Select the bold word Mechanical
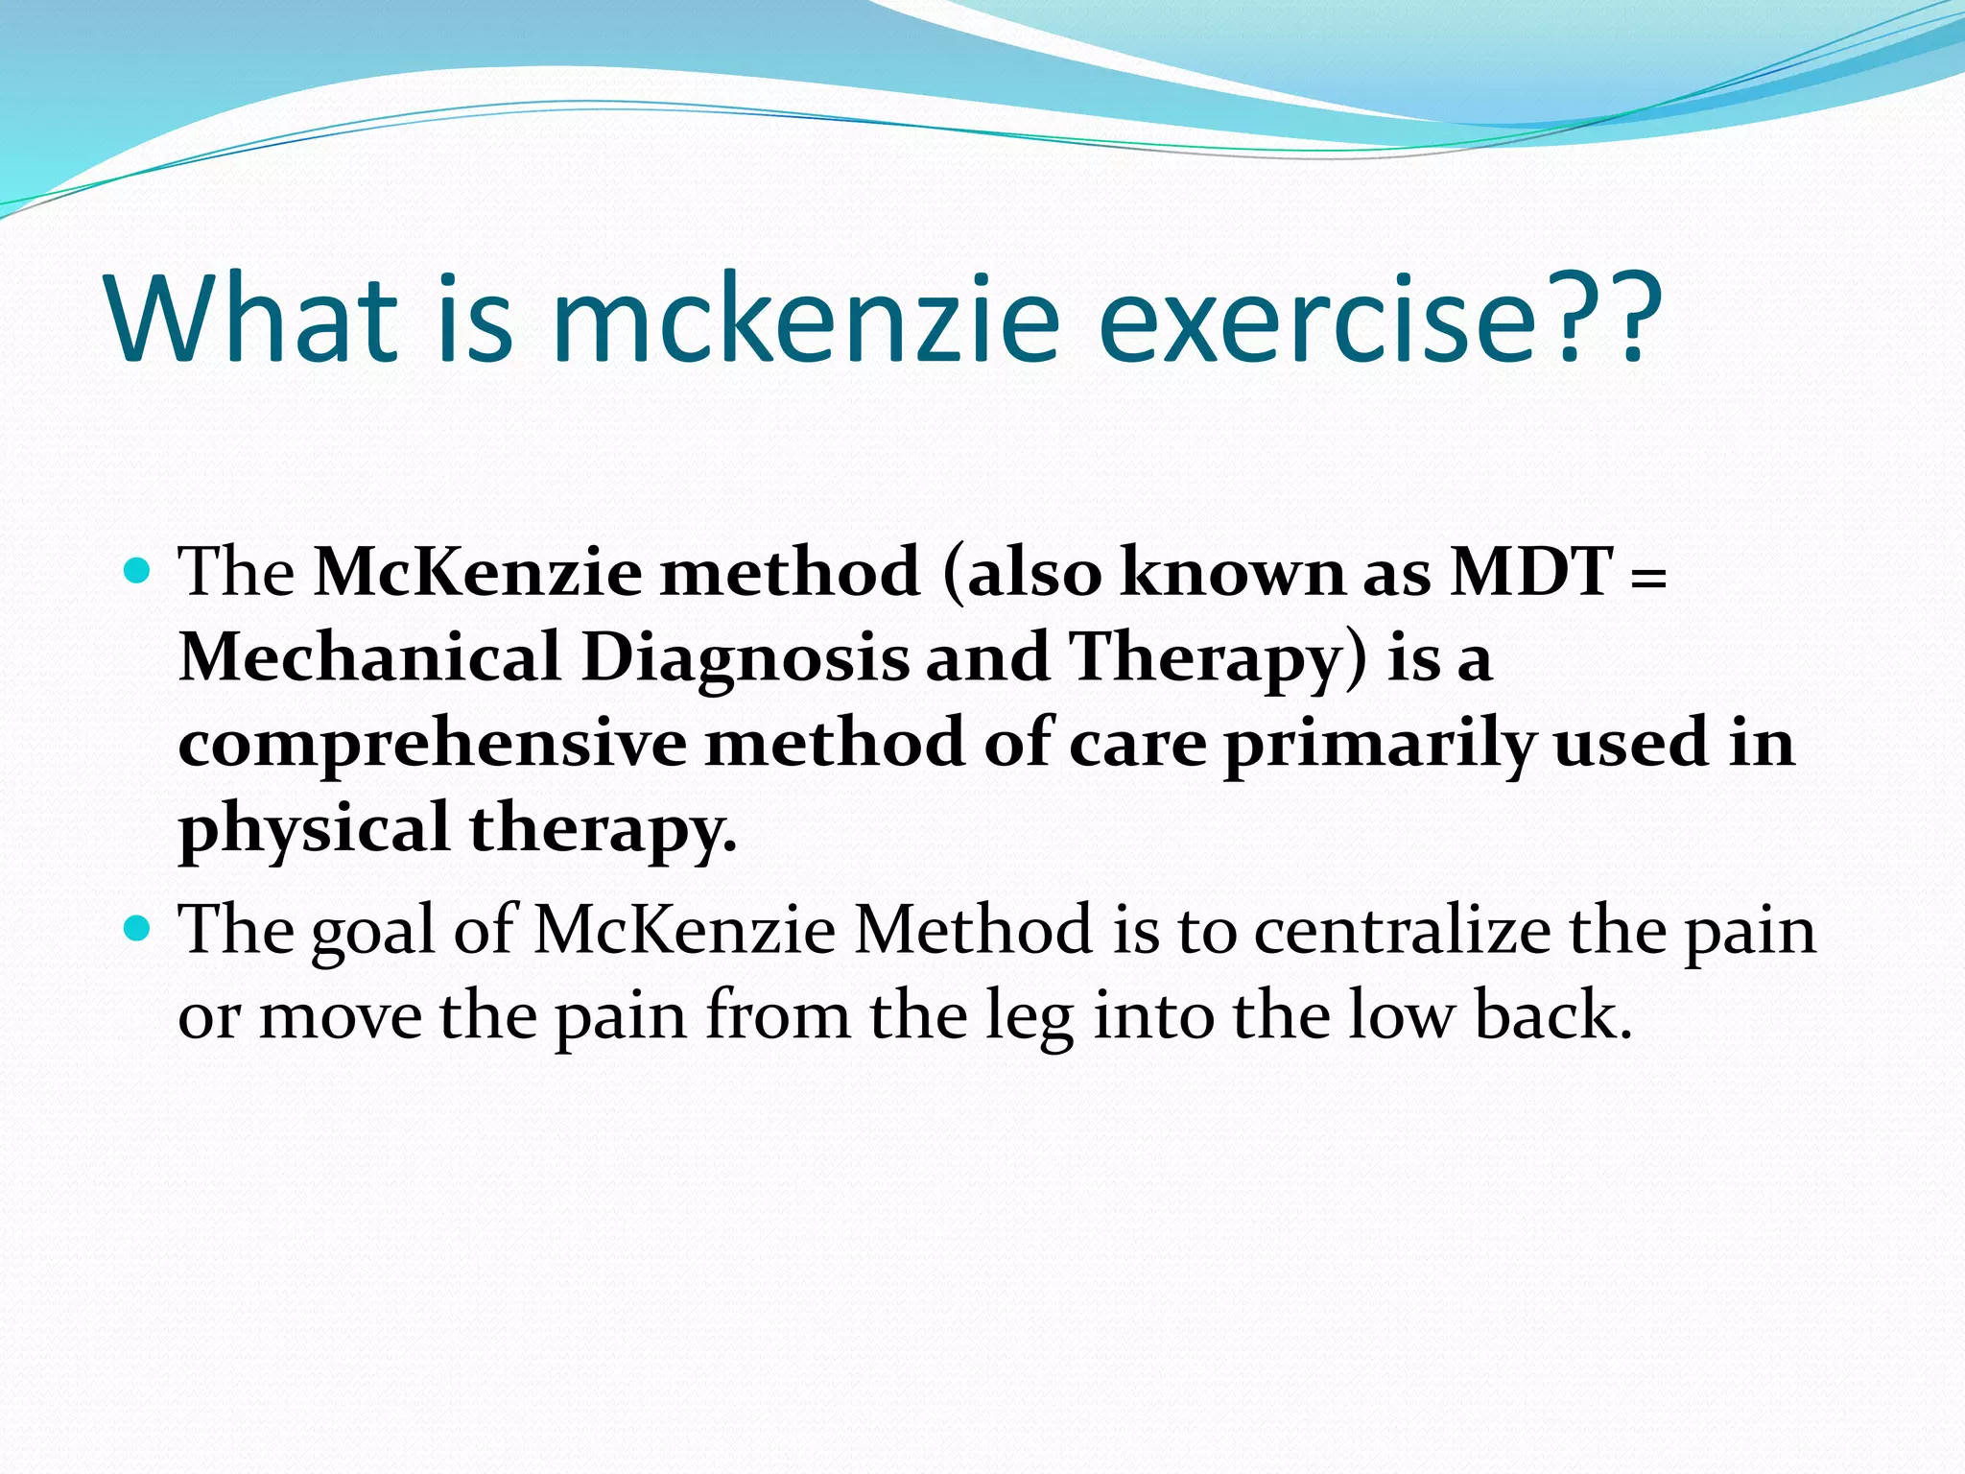coord(369,657)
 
